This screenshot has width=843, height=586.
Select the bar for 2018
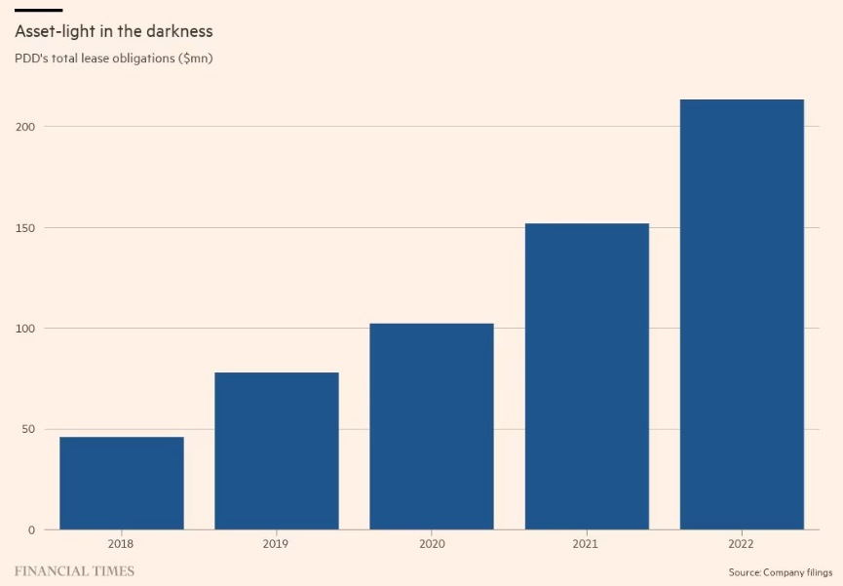click(x=122, y=483)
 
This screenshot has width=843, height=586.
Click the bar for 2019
click(x=277, y=450)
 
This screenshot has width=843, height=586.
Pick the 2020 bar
click(x=432, y=426)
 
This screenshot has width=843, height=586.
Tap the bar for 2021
click(x=587, y=376)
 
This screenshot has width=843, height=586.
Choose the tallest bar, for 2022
click(x=742, y=314)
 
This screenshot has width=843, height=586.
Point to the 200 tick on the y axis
click(x=24, y=127)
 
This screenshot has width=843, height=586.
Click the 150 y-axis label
click(x=24, y=228)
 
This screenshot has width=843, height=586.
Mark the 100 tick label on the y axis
click(x=24, y=329)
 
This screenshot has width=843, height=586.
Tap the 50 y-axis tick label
click(x=27, y=429)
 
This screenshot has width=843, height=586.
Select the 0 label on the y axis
click(x=31, y=530)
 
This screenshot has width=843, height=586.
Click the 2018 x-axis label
click(x=122, y=543)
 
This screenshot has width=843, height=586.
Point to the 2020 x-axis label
click(x=432, y=543)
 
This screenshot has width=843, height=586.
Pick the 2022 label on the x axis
click(x=742, y=543)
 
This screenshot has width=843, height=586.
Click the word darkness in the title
click(x=177, y=31)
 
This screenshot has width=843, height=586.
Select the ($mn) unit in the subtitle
click(x=195, y=59)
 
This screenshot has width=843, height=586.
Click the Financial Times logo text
click(x=74, y=570)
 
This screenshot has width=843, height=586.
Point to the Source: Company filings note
click(x=780, y=571)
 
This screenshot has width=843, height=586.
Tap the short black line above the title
click(x=38, y=10)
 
